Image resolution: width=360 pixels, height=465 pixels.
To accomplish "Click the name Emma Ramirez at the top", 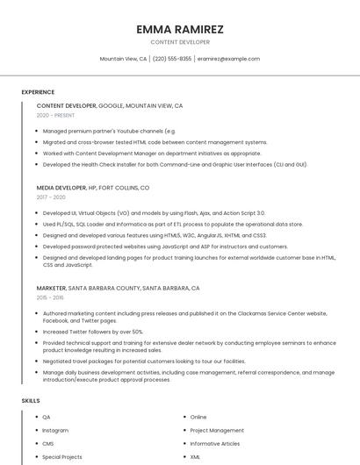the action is point(180,29).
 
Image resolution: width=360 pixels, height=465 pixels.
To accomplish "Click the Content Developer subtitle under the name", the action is point(180,42).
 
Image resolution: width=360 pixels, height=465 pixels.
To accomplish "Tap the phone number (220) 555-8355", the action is point(172,59).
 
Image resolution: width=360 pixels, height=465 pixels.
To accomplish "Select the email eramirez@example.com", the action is point(228,59).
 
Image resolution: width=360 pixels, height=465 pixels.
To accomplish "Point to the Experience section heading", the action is point(38,92).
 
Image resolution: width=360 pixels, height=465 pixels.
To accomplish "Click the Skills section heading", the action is point(31,401).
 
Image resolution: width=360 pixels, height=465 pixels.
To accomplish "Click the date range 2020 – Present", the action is point(55,115).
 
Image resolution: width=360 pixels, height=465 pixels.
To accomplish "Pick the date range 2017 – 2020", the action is point(51,197).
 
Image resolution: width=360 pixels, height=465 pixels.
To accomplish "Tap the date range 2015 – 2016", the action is point(51,297).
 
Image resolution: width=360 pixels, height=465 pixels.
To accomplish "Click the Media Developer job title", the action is point(61,188).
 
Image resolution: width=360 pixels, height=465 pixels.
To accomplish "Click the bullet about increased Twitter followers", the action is point(92,332).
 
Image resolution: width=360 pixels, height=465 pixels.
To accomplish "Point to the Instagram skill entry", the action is point(55,431).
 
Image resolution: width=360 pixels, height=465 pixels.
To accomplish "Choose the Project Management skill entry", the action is point(217,431).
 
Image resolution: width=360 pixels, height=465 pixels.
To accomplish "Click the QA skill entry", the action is point(47,418).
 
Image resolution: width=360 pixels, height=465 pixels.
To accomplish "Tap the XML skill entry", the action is point(195,457).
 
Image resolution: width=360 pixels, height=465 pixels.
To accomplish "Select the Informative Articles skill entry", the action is point(214,444).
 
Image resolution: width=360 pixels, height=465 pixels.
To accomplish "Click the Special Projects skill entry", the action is point(61,457).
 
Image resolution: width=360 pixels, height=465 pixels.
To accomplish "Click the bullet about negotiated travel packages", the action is point(144,361).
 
